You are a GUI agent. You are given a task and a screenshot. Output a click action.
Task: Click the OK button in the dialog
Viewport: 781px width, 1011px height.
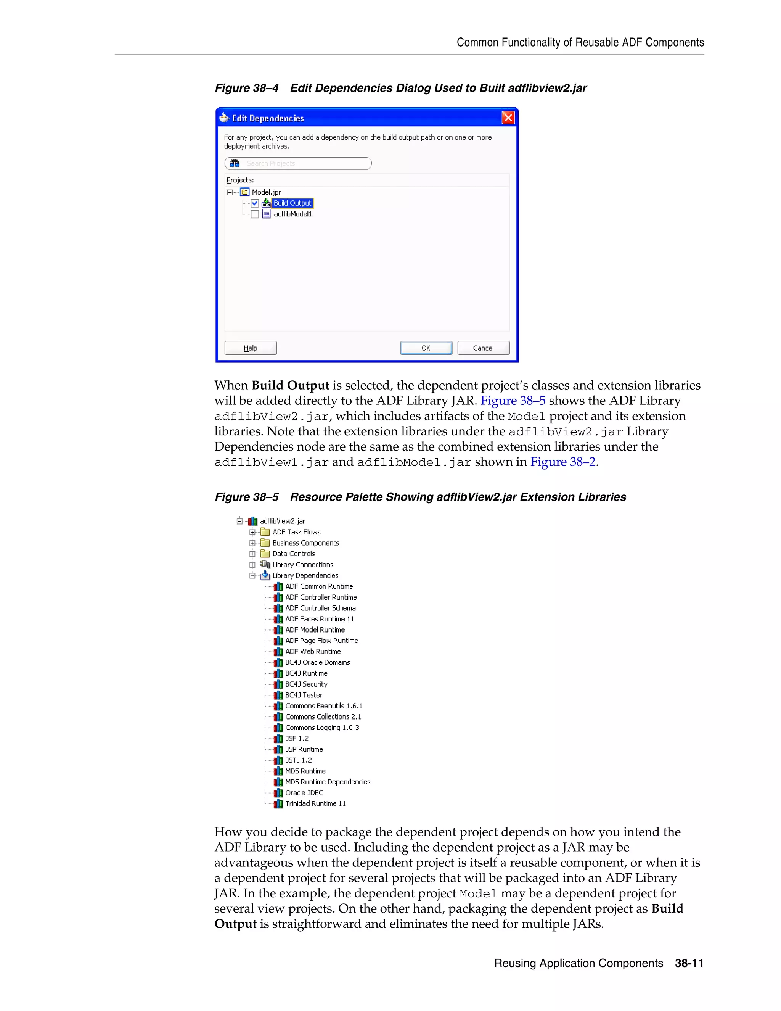pyautogui.click(x=426, y=348)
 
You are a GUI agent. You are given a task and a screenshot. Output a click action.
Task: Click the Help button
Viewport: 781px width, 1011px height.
pyautogui.click(x=250, y=348)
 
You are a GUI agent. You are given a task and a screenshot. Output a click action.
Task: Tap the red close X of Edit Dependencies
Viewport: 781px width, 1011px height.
pyautogui.click(x=508, y=118)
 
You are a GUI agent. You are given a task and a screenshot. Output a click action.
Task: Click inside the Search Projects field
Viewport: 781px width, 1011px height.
pyautogui.click(x=305, y=163)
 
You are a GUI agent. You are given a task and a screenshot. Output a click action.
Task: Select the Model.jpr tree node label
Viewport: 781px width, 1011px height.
pyautogui.click(x=266, y=192)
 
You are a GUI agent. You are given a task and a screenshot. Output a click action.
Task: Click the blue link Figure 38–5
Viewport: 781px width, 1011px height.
pyautogui.click(x=513, y=401)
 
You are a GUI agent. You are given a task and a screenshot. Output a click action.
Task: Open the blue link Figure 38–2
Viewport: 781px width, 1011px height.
pyautogui.click(x=562, y=462)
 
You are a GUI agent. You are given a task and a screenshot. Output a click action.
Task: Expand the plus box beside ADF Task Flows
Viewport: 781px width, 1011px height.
pyautogui.click(x=252, y=532)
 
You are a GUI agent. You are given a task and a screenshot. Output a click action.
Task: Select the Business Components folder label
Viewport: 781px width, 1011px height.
pyautogui.click(x=305, y=543)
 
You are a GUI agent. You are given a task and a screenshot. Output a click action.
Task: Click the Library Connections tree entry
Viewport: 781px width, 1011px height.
pyautogui.click(x=302, y=565)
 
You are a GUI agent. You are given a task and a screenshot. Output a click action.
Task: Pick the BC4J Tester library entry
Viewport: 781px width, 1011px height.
pyautogui.click(x=304, y=695)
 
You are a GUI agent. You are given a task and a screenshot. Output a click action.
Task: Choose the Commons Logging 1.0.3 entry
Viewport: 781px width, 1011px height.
pyautogui.click(x=322, y=728)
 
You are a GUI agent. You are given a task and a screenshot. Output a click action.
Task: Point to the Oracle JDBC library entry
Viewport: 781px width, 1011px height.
pyautogui.click(x=304, y=793)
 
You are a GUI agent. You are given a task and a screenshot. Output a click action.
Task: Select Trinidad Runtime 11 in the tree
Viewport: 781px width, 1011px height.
pyautogui.click(x=315, y=803)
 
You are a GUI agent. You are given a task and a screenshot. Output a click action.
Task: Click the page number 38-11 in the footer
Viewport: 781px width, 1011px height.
pyautogui.click(x=689, y=963)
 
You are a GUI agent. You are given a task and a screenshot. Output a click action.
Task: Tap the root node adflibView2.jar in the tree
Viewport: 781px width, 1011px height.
pyautogui.click(x=282, y=521)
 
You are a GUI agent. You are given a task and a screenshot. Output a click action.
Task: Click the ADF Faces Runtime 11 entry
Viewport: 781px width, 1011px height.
pyautogui.click(x=319, y=619)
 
